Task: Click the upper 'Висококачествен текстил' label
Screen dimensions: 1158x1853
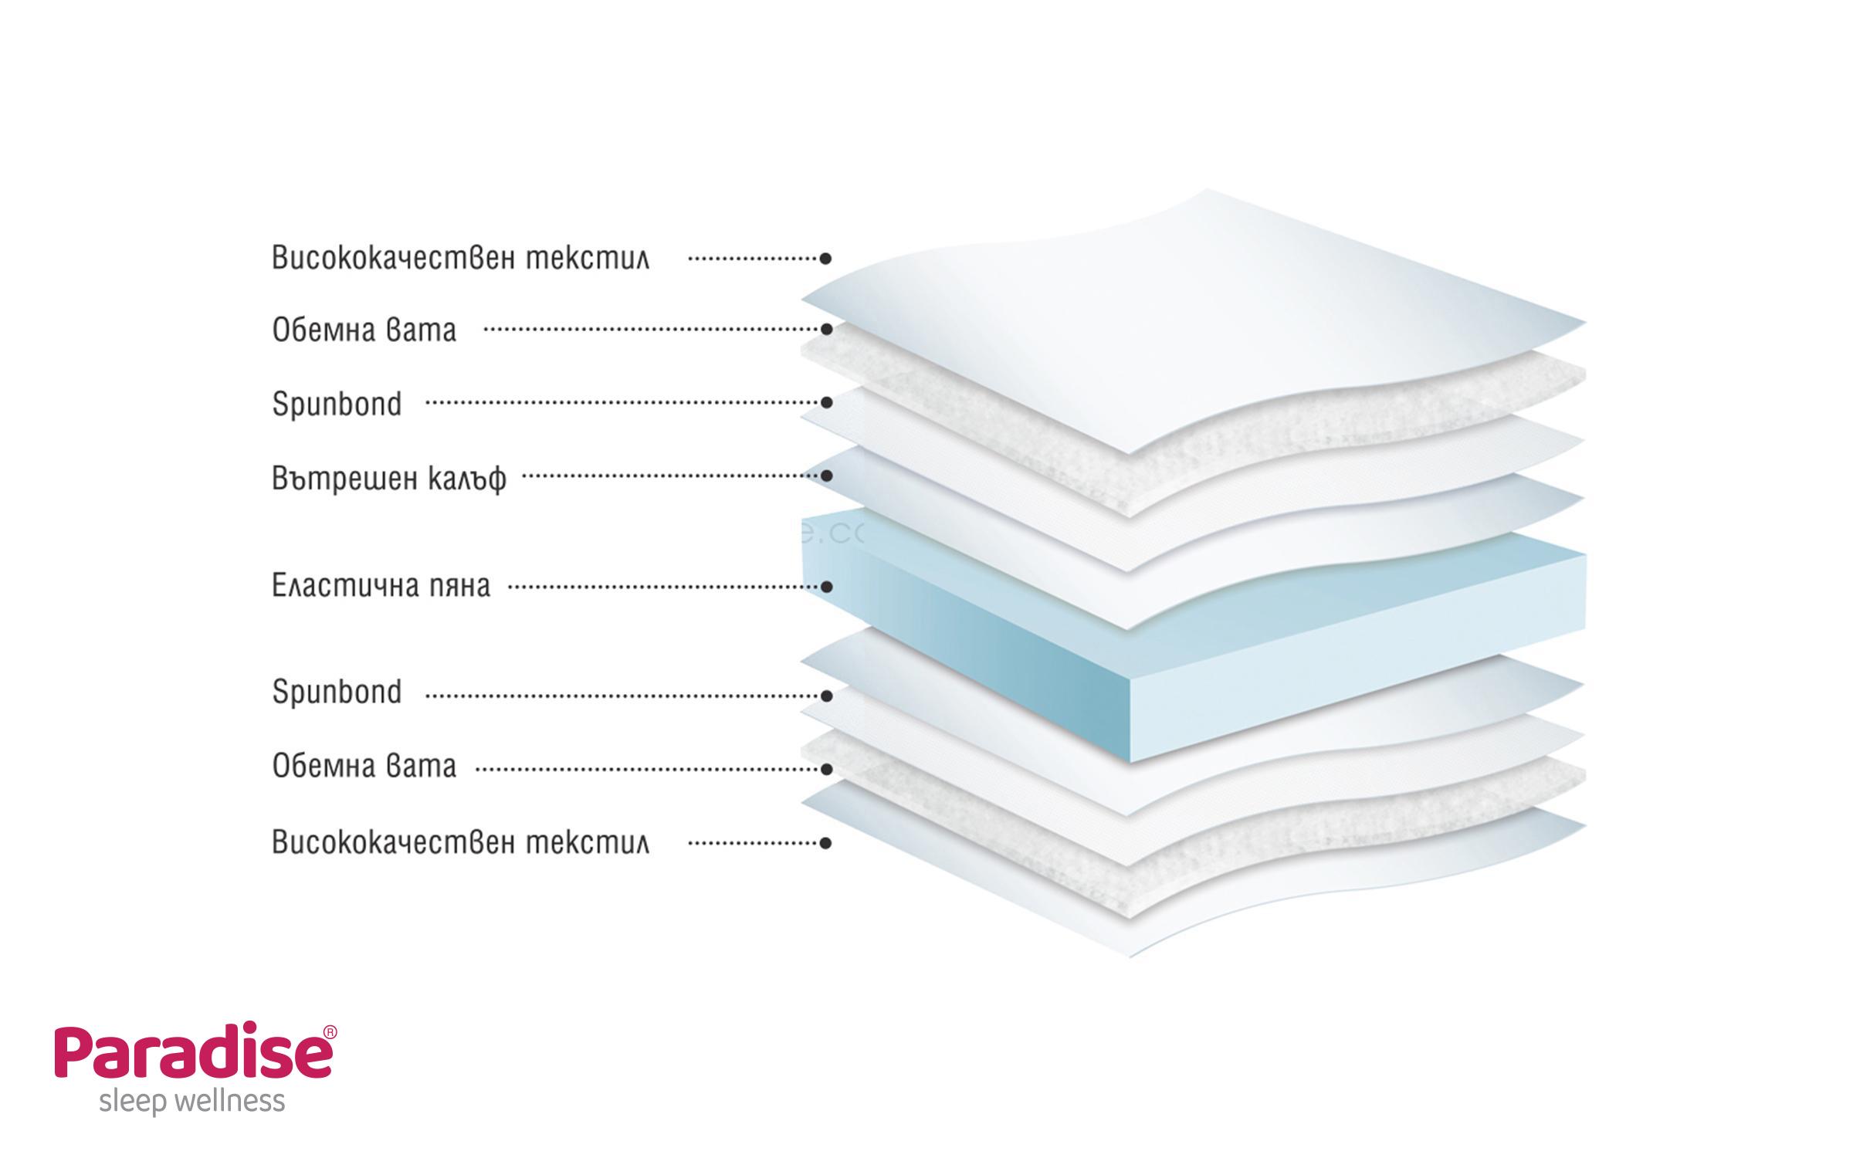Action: click(x=460, y=259)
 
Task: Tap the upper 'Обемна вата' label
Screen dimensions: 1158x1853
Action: click(x=364, y=330)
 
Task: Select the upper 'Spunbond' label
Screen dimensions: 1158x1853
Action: click(x=337, y=404)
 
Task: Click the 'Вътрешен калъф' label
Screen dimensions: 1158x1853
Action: click(x=389, y=478)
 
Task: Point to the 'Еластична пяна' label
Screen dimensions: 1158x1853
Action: click(x=381, y=587)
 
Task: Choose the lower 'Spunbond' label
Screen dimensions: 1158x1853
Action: click(x=337, y=692)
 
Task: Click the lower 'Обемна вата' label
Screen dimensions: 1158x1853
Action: click(x=364, y=767)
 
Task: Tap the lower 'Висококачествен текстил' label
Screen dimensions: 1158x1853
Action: click(x=460, y=842)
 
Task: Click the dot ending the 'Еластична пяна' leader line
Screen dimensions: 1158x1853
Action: click(x=826, y=587)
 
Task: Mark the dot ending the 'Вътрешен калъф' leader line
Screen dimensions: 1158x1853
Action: click(x=826, y=476)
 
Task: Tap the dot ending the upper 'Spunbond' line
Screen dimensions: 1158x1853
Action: click(x=826, y=402)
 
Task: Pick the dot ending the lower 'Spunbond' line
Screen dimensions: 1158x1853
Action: click(x=826, y=696)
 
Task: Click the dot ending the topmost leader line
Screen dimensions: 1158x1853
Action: click(x=826, y=258)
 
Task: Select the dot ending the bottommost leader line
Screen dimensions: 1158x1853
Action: click(x=826, y=842)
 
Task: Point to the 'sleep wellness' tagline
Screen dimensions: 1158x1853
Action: click(x=192, y=1102)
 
